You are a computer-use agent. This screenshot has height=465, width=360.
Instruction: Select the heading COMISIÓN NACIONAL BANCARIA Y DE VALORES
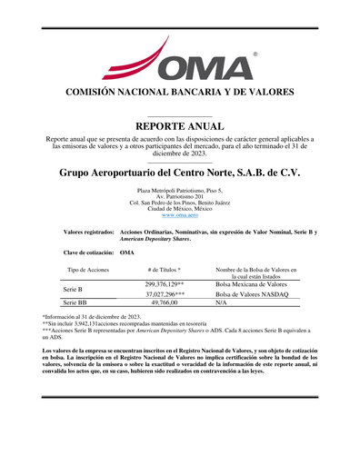180,92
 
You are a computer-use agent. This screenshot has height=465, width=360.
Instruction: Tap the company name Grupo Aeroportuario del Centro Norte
180,172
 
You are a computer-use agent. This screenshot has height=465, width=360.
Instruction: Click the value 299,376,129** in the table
165,284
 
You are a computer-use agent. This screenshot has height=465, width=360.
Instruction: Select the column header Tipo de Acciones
88,271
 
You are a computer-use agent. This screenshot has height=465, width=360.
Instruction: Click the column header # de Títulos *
165,271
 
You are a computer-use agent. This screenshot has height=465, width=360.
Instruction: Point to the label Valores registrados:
82,233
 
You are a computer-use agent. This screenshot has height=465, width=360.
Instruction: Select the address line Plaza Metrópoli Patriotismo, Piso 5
180,191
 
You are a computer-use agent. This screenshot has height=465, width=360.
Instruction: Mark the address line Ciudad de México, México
180,208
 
